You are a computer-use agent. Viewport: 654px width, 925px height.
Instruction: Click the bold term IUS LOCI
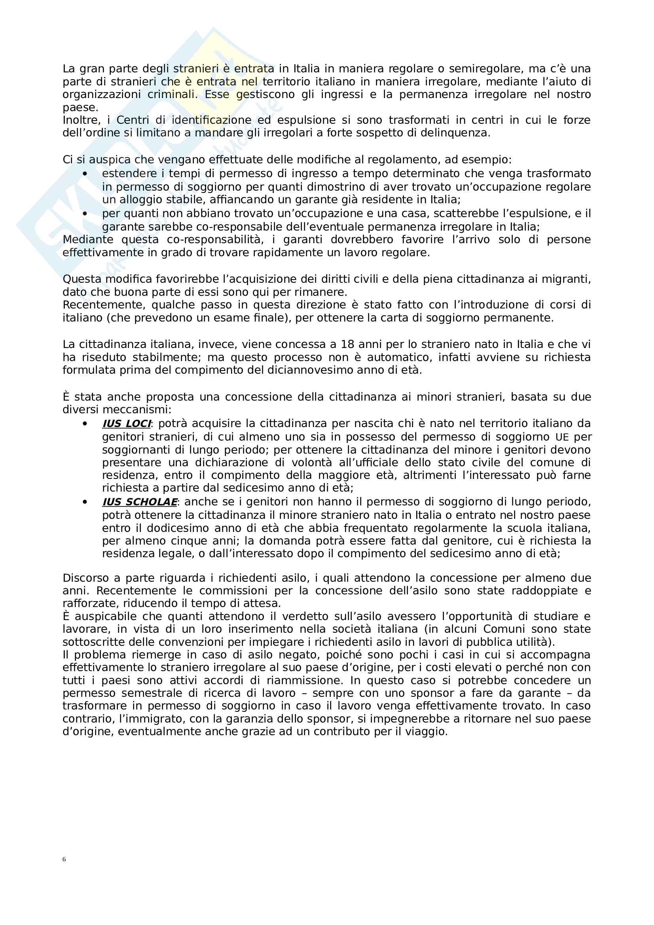[127, 424]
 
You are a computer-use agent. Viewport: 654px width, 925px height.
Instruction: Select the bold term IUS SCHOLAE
[139, 501]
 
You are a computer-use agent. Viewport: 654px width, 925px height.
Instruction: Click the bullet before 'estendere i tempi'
[85, 174]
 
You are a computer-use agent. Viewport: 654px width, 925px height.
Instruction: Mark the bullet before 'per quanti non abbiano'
[85, 214]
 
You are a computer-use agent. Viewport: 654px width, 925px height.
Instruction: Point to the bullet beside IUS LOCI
[85, 424]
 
